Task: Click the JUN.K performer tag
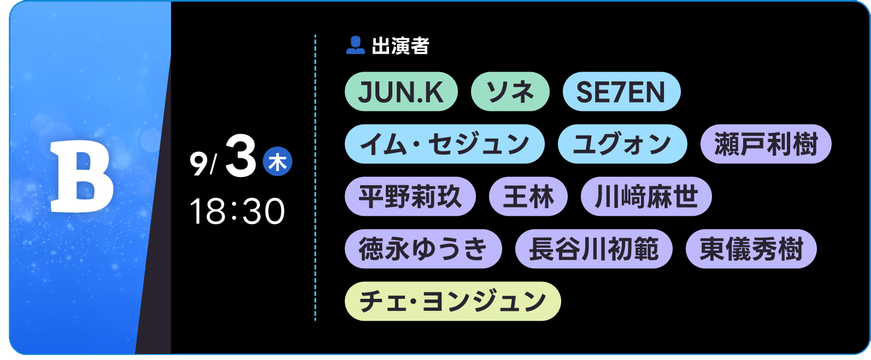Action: (401, 92)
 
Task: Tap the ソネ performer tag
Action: (510, 92)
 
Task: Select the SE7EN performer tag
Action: (621, 92)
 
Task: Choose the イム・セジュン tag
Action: (444, 144)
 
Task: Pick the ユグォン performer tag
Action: (622, 144)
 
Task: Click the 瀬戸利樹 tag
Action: (766, 144)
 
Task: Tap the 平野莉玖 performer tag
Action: (410, 196)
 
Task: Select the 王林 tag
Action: (528, 196)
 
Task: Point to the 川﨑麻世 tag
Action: (646, 196)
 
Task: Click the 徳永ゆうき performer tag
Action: (423, 249)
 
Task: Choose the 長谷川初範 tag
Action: (594, 249)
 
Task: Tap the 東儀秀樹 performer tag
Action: (751, 249)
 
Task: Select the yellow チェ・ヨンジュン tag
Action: (452, 302)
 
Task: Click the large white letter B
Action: (82, 176)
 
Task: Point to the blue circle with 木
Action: (277, 161)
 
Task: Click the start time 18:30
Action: (237, 211)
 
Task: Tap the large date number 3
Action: (240, 156)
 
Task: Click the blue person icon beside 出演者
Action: (355, 45)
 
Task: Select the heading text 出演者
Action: (400, 46)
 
